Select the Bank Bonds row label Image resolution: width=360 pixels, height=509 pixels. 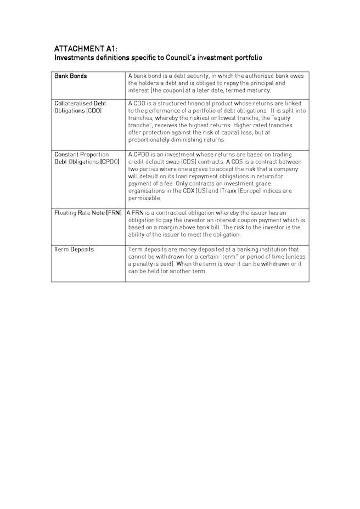pos(70,76)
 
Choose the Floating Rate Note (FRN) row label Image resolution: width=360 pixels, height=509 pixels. pos(88,213)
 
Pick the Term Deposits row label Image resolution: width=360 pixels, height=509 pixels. pos(74,250)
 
